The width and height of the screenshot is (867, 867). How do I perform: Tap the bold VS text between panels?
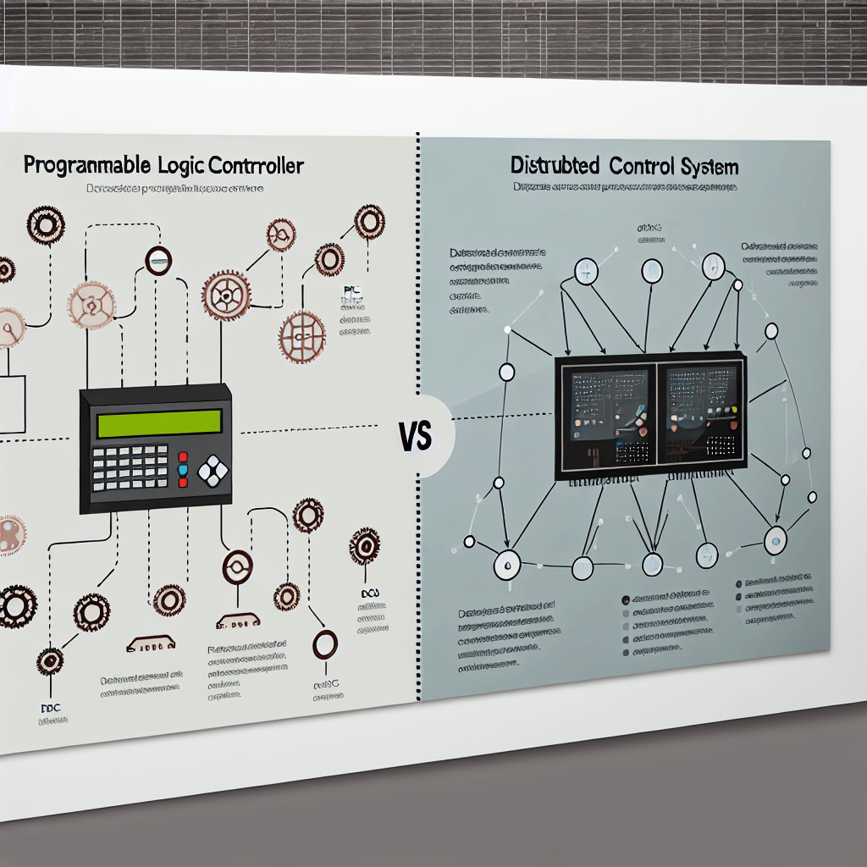414,438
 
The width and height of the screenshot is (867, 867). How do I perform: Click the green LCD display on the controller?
158,422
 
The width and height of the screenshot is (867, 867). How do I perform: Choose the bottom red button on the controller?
183,483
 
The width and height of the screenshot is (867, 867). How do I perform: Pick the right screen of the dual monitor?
701,413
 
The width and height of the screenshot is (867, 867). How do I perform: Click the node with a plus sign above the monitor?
585,271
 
